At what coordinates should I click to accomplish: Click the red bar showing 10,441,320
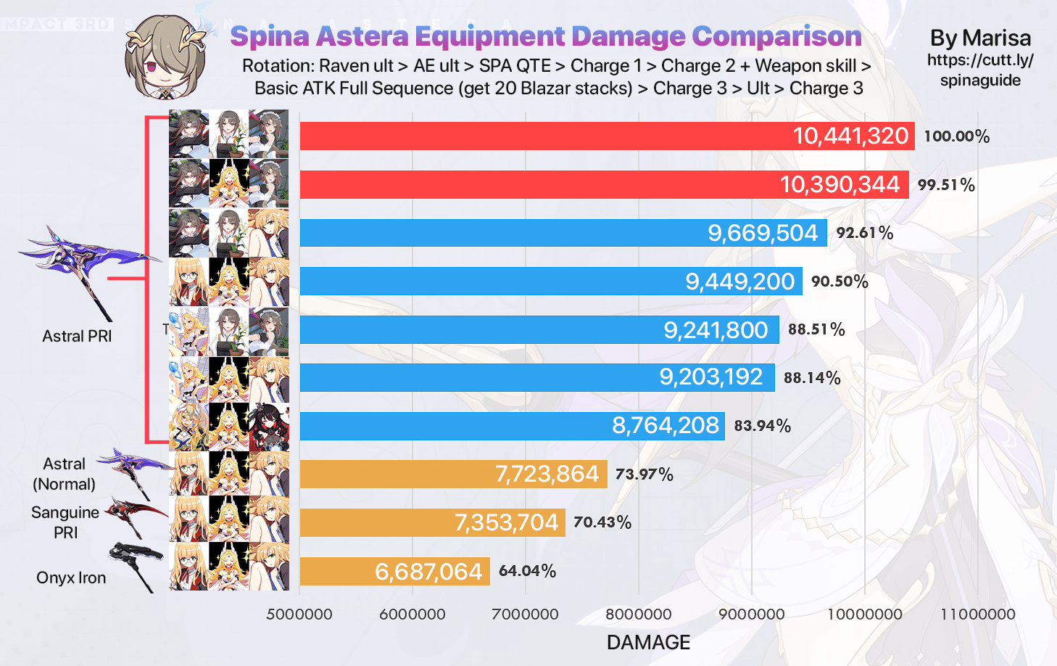point(607,136)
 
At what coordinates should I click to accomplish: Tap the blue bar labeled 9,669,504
point(563,233)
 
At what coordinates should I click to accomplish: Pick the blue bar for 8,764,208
point(512,425)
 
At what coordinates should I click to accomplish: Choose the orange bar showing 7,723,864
point(453,474)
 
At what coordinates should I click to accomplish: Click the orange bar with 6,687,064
point(394,571)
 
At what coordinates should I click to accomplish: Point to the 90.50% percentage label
point(840,281)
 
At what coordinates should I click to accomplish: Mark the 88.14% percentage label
point(812,377)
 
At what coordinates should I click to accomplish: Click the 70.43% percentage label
point(602,522)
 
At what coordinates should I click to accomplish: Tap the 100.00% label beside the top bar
point(956,136)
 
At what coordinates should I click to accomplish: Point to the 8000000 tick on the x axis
point(638,614)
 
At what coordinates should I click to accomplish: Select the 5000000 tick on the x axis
point(299,614)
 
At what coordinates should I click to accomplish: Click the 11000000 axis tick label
point(977,614)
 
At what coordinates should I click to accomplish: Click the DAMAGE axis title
point(648,642)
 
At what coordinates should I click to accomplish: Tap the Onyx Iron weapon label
point(71,577)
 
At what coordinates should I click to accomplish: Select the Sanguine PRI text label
point(65,522)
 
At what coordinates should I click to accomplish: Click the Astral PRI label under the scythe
point(77,336)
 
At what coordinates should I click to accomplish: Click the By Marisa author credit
point(980,38)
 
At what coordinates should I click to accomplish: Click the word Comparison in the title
point(776,36)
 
